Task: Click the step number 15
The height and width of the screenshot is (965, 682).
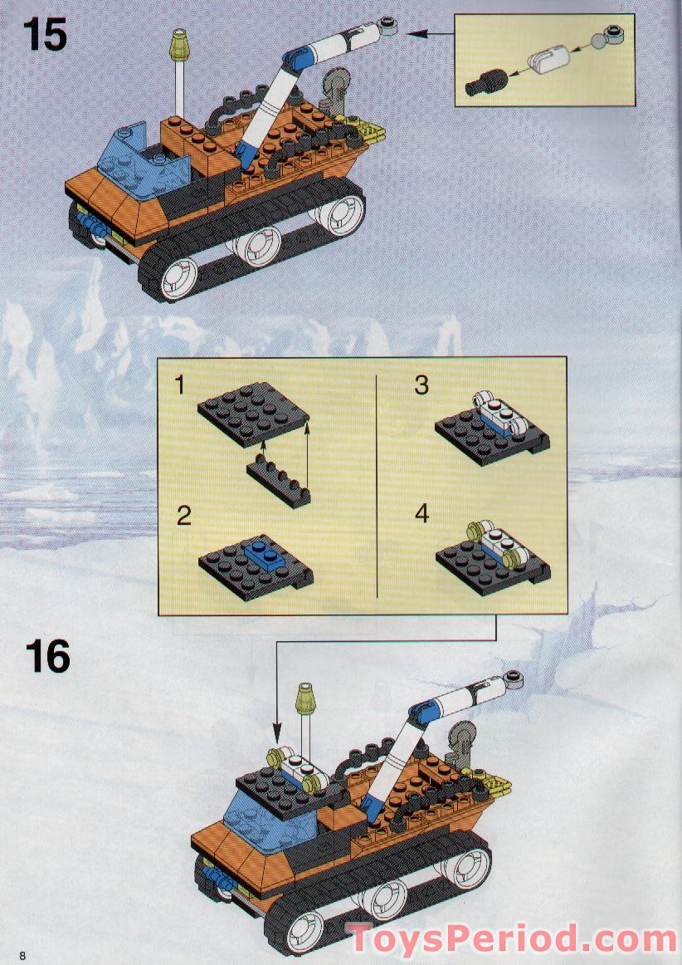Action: (45, 35)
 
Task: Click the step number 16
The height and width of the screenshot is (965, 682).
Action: (47, 656)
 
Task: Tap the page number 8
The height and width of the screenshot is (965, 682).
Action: (22, 955)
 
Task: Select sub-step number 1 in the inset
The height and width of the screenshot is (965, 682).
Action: (179, 385)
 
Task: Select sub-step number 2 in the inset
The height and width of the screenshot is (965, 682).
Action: (184, 516)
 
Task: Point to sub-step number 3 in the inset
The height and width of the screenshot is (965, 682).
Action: (421, 385)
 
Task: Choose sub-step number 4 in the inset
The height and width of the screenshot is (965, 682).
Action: (421, 513)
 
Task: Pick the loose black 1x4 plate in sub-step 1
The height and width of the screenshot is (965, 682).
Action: (279, 484)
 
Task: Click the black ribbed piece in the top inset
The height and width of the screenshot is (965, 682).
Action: (486, 82)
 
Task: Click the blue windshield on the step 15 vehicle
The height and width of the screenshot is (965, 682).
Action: (145, 161)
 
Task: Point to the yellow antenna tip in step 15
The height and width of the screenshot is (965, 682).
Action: (179, 47)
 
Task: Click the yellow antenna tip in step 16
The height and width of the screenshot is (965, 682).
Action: (305, 699)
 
